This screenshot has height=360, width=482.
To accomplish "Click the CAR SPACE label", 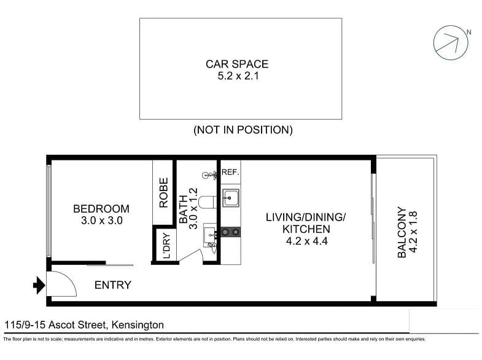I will click(x=237, y=64).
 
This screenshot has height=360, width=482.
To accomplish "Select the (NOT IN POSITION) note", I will click(x=243, y=130).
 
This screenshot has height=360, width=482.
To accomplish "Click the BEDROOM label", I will click(x=101, y=209).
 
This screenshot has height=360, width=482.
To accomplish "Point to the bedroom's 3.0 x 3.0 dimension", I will click(x=101, y=221).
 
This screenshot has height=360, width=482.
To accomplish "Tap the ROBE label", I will click(x=164, y=192).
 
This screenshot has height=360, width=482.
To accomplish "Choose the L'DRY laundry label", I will click(x=166, y=246).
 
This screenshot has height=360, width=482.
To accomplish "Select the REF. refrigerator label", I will click(x=230, y=172).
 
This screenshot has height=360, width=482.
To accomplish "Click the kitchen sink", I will click(x=231, y=198).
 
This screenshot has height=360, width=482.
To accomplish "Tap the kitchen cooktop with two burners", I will click(x=231, y=232).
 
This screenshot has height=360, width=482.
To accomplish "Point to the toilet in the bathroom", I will click(x=206, y=200).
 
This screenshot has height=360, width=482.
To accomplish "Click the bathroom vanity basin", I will click(x=210, y=233).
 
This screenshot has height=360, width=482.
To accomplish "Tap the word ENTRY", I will click(x=112, y=285).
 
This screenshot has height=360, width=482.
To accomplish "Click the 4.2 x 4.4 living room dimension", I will click(x=306, y=241).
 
